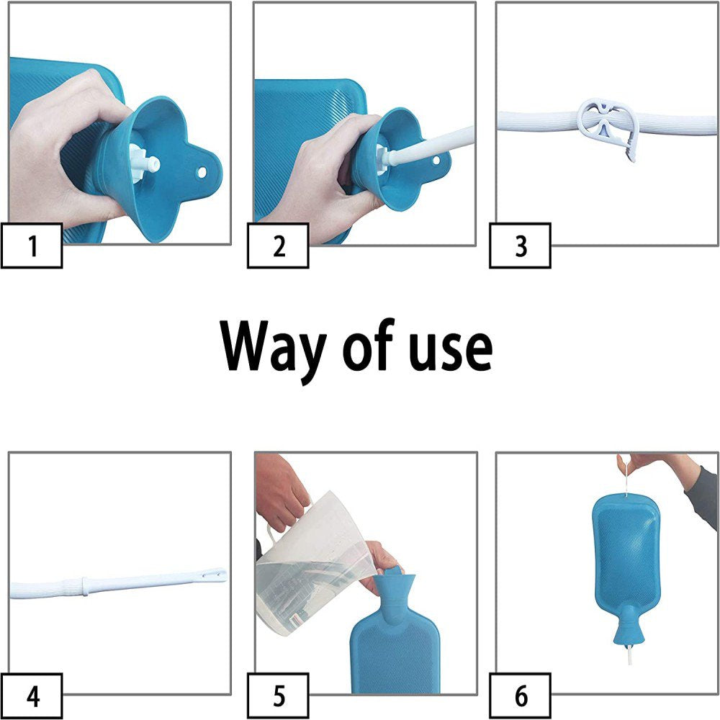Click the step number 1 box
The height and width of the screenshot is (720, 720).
(x=32, y=246)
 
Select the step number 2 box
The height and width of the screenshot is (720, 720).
(x=278, y=246)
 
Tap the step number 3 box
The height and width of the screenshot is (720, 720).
(x=520, y=246)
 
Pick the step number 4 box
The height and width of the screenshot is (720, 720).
(x=32, y=696)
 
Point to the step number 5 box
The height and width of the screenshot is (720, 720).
(x=278, y=696)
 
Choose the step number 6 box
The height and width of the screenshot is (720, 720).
(x=520, y=696)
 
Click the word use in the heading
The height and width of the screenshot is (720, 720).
(x=447, y=348)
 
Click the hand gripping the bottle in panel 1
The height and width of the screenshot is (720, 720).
(x=58, y=144)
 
